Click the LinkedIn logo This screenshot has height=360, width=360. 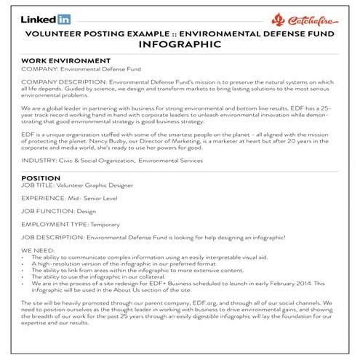(x=46, y=18)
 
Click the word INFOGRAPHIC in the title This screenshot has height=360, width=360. (x=179, y=44)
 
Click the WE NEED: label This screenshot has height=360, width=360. (x=39, y=250)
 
